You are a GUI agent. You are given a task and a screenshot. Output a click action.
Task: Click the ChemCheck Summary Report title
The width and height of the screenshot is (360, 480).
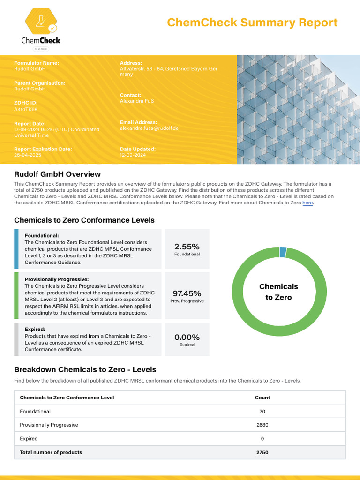(x=252, y=22)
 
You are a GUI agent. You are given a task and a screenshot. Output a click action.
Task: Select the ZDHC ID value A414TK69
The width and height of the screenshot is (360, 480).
(x=26, y=109)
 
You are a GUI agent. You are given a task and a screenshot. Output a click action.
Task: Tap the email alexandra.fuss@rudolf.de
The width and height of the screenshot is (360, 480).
(x=149, y=128)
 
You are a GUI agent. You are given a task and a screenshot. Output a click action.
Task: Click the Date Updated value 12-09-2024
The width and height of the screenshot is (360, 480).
(x=133, y=155)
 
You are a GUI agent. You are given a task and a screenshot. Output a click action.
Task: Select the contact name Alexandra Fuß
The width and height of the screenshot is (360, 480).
(x=137, y=101)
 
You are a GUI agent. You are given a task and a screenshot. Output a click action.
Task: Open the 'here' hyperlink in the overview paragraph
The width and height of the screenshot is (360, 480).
(x=307, y=203)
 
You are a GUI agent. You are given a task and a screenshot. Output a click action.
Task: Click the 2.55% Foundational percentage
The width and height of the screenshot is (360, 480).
(x=187, y=247)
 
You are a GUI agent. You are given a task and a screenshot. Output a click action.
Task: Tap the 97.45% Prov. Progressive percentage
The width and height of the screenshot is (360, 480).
(x=187, y=293)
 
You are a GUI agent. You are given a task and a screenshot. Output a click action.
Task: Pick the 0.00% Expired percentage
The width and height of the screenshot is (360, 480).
(x=187, y=337)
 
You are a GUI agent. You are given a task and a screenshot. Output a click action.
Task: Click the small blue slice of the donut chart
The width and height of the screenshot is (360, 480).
(x=283, y=252)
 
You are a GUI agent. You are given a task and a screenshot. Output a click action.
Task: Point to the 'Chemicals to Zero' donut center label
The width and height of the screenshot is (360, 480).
(x=278, y=292)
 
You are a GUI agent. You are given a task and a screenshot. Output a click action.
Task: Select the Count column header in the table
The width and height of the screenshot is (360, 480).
(x=262, y=397)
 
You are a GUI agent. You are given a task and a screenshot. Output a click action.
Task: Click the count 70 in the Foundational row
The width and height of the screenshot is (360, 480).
(x=262, y=411)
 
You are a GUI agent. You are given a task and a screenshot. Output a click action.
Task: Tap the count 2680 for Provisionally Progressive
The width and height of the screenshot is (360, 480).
(x=262, y=425)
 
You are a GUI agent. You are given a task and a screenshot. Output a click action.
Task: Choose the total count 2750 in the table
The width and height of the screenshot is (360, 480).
(x=262, y=452)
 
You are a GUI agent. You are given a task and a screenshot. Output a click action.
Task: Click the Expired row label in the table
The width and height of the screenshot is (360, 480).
(x=29, y=439)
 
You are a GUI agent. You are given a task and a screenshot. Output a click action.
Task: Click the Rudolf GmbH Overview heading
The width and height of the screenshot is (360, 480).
(x=57, y=174)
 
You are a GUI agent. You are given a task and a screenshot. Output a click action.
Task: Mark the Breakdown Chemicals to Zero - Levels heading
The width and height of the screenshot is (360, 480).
(x=85, y=369)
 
